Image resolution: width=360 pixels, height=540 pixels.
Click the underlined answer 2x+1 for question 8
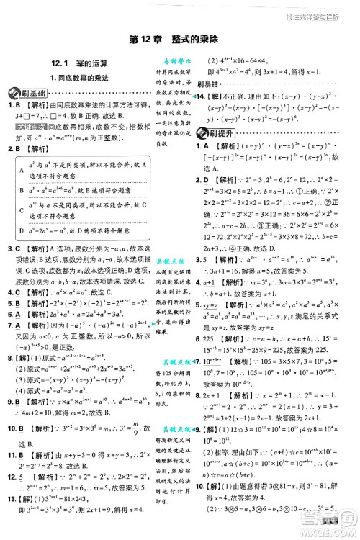click(x=214, y=375)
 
